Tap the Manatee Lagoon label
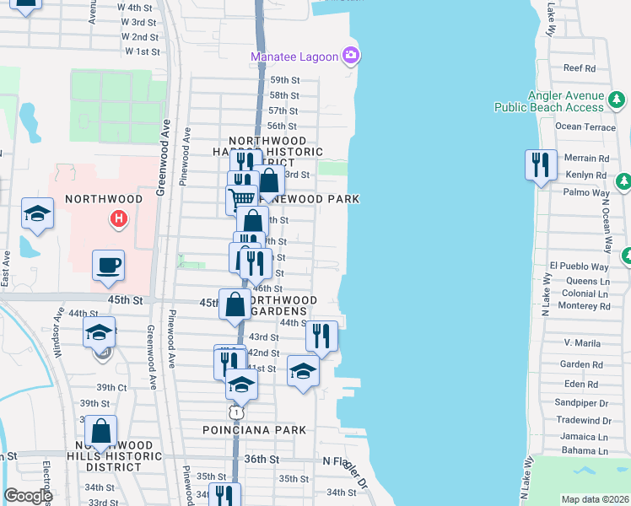294,57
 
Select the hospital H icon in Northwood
119,219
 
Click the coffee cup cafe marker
108,266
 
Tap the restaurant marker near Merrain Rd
538,164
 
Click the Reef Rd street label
580,68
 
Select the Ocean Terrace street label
586,126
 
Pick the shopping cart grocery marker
241,199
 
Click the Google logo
28,496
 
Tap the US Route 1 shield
237,412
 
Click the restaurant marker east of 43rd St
321,336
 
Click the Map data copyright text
596,499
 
